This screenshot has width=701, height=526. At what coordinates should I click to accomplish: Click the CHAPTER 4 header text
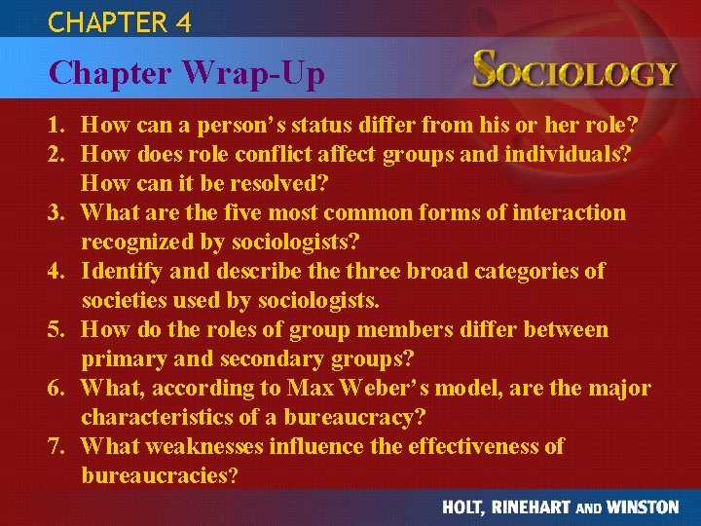(119, 20)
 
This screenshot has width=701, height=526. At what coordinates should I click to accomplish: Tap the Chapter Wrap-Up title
(187, 72)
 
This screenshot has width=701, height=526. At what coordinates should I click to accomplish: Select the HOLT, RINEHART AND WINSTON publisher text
(560, 507)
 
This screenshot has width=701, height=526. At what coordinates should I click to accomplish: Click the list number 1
(57, 125)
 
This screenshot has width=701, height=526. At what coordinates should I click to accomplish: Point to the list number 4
(57, 271)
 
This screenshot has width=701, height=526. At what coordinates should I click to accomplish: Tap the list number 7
(57, 446)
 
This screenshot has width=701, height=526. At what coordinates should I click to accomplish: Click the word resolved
(285, 183)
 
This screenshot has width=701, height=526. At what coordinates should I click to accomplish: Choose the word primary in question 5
(122, 358)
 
